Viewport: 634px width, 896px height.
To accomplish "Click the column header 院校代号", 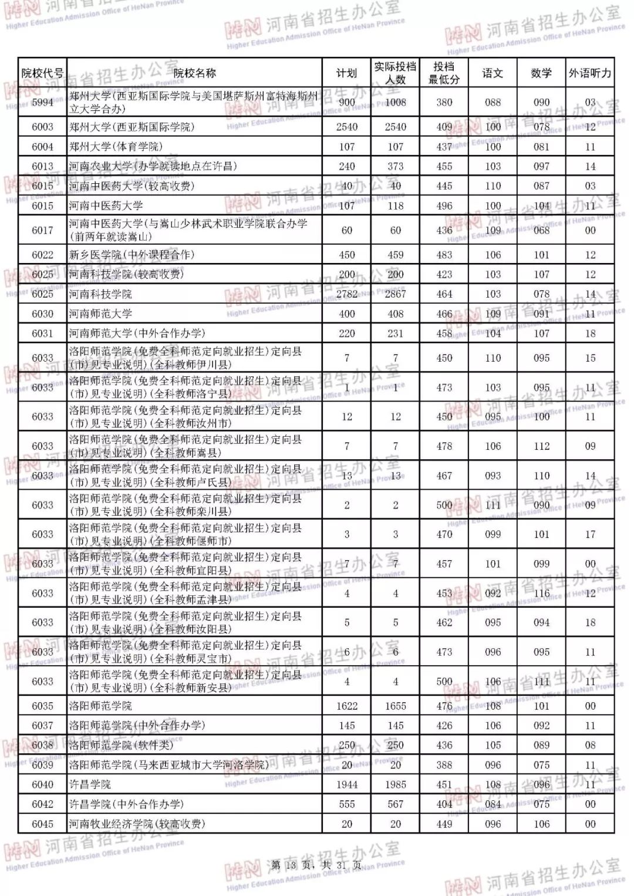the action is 42,73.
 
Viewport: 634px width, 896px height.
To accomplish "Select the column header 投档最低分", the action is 444,73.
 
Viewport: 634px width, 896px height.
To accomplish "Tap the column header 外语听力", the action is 590,73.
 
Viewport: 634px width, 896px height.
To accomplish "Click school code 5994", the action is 42,102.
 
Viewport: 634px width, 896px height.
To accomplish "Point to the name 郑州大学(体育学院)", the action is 116,147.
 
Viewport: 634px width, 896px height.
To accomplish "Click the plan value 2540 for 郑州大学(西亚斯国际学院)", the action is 347,127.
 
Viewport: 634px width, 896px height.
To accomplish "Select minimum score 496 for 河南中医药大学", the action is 444,206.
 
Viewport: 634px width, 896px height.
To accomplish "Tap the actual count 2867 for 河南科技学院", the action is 396,294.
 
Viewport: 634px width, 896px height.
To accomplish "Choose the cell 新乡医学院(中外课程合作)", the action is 131,255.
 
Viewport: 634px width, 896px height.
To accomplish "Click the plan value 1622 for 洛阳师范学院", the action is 347,706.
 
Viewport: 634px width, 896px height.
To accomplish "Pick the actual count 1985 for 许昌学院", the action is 396,784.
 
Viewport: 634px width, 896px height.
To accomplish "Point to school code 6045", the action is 42,824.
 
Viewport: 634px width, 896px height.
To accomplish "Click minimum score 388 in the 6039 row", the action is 444,765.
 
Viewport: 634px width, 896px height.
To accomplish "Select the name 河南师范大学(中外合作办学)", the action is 137,334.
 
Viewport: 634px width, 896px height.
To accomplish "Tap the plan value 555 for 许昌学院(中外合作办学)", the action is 347,804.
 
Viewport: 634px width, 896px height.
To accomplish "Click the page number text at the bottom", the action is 316,865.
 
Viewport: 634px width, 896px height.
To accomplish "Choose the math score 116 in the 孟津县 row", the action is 541,593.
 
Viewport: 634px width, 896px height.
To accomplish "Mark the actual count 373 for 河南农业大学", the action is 396,167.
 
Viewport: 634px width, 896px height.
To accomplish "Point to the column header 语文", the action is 493,73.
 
